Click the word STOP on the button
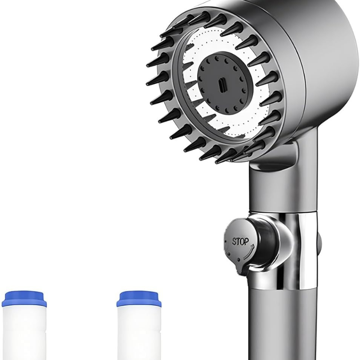click(x=240, y=241)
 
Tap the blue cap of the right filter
click(x=139, y=299)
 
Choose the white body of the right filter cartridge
click(x=138, y=333)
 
